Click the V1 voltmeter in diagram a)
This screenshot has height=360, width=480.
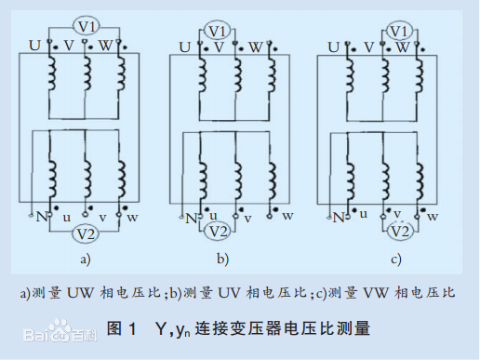(86, 25)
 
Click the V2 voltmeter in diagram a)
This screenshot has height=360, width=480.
(86, 233)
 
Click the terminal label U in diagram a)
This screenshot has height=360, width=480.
(34, 45)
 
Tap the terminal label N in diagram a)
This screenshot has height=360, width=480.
(41, 217)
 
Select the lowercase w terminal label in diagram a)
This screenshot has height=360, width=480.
(133, 218)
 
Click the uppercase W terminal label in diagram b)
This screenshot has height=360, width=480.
(255, 46)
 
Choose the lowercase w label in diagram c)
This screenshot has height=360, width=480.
(436, 217)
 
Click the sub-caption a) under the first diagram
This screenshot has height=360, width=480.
(86, 259)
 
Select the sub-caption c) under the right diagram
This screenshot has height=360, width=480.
(395, 259)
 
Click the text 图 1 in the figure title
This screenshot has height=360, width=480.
(122, 327)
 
